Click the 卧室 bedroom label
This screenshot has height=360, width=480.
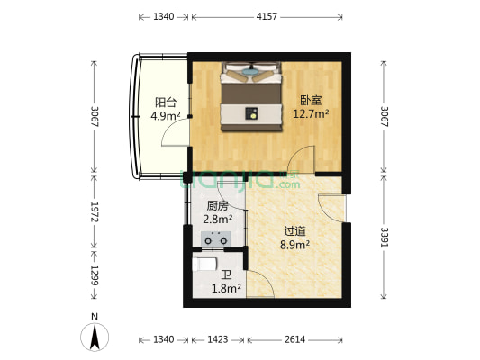tap(311, 101)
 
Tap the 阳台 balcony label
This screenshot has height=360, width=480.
tap(166, 103)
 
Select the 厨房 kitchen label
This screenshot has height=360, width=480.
tap(218, 206)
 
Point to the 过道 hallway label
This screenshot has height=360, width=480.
tap(294, 231)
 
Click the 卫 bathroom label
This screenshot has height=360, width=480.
tap(226, 275)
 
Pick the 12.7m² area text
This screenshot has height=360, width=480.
tap(311, 113)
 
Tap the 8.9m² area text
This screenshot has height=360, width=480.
tap(294, 245)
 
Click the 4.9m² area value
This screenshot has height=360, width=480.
tap(166, 115)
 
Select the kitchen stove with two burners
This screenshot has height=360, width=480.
tap(216, 239)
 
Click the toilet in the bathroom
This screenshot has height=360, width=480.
tap(204, 265)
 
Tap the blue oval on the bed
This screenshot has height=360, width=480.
tap(250, 73)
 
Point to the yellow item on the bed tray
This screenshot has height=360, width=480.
tap(253, 116)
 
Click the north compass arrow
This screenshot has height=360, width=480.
tap(95, 337)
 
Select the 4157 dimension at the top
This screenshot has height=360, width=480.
tap(267, 16)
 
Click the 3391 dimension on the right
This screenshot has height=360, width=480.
tap(384, 237)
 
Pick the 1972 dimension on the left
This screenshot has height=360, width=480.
tap(95, 212)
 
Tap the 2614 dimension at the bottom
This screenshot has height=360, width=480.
tap(294, 339)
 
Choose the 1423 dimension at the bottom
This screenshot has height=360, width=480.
tap(218, 339)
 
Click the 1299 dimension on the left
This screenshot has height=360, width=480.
tap(95, 275)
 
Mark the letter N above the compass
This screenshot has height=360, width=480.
tap(95, 317)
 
